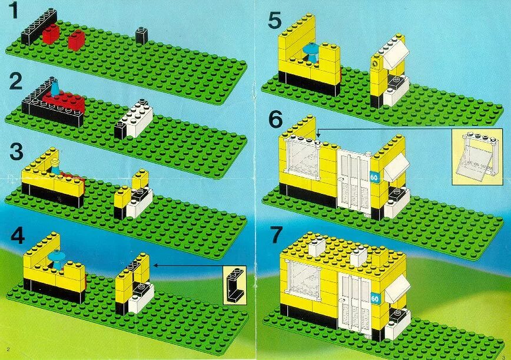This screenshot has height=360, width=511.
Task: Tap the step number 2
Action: [x=16, y=81]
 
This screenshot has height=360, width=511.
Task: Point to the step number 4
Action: [x=18, y=236]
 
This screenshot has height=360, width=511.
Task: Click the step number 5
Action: [x=275, y=20]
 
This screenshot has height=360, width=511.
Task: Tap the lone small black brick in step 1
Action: [x=141, y=35]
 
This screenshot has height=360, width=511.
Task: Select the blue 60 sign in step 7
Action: [x=375, y=298]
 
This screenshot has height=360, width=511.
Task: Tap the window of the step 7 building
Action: [x=305, y=282]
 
